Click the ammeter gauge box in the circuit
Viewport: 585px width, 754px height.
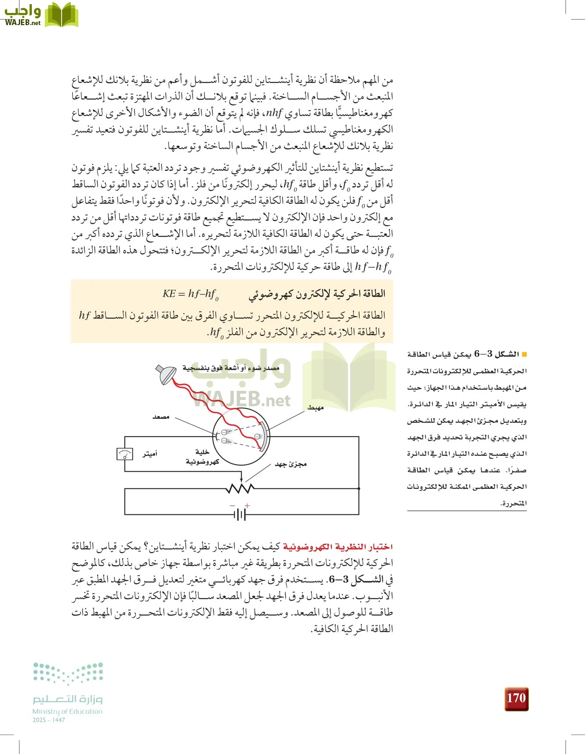point(124,454)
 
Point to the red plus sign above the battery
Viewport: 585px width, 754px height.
point(247,506)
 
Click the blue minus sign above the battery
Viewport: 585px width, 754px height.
point(233,506)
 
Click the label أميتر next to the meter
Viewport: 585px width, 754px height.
point(150,454)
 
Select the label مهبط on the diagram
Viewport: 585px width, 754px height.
point(315,408)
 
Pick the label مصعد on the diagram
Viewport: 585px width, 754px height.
point(161,417)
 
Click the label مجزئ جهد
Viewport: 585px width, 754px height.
point(291,464)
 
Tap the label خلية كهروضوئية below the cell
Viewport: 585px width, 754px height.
point(202,457)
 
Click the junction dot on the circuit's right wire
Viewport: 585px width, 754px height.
point(359,488)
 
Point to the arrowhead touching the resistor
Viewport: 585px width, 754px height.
point(241,481)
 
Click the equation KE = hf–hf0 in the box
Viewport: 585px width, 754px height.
point(191,294)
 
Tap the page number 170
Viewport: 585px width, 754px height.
point(516,698)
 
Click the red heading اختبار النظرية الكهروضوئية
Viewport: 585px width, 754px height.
point(338,547)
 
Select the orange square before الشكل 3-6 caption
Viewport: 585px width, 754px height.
point(524,354)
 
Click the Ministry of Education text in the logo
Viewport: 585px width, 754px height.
point(67,711)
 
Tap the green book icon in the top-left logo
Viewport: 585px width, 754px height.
point(61,15)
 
